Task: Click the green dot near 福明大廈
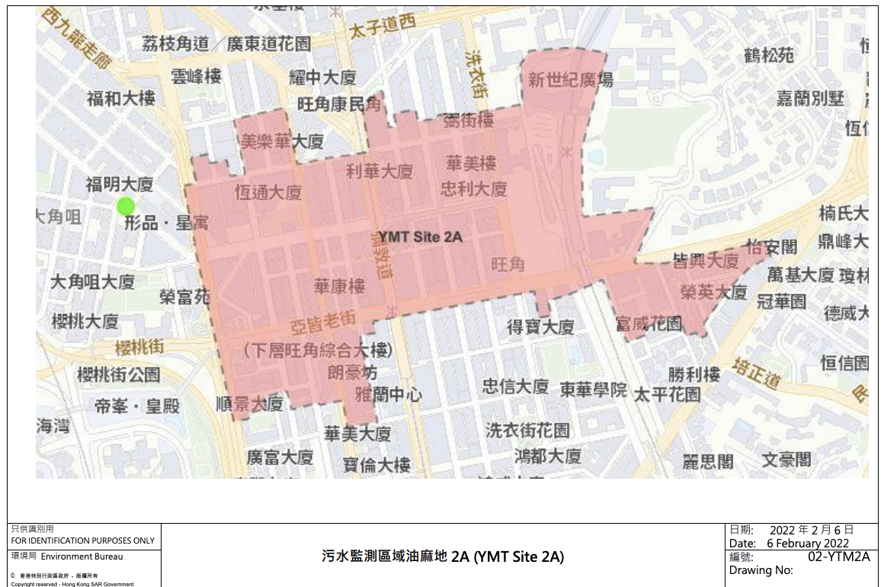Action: (126, 206)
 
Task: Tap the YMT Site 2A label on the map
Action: (421, 237)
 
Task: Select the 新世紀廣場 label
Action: (570, 79)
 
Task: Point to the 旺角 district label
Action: (508, 265)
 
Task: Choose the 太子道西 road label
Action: (385, 29)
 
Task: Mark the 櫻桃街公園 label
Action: (119, 374)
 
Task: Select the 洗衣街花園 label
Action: (527, 430)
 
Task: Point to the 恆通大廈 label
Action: (268, 192)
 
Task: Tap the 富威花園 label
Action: (649, 324)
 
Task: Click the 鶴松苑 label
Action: (769, 55)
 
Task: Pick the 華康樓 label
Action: (339, 286)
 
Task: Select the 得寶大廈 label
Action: (540, 327)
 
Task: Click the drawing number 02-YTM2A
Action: (838, 557)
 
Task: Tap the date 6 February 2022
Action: (808, 543)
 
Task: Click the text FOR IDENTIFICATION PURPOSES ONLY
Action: (82, 540)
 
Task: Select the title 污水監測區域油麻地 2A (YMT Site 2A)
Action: (442, 557)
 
